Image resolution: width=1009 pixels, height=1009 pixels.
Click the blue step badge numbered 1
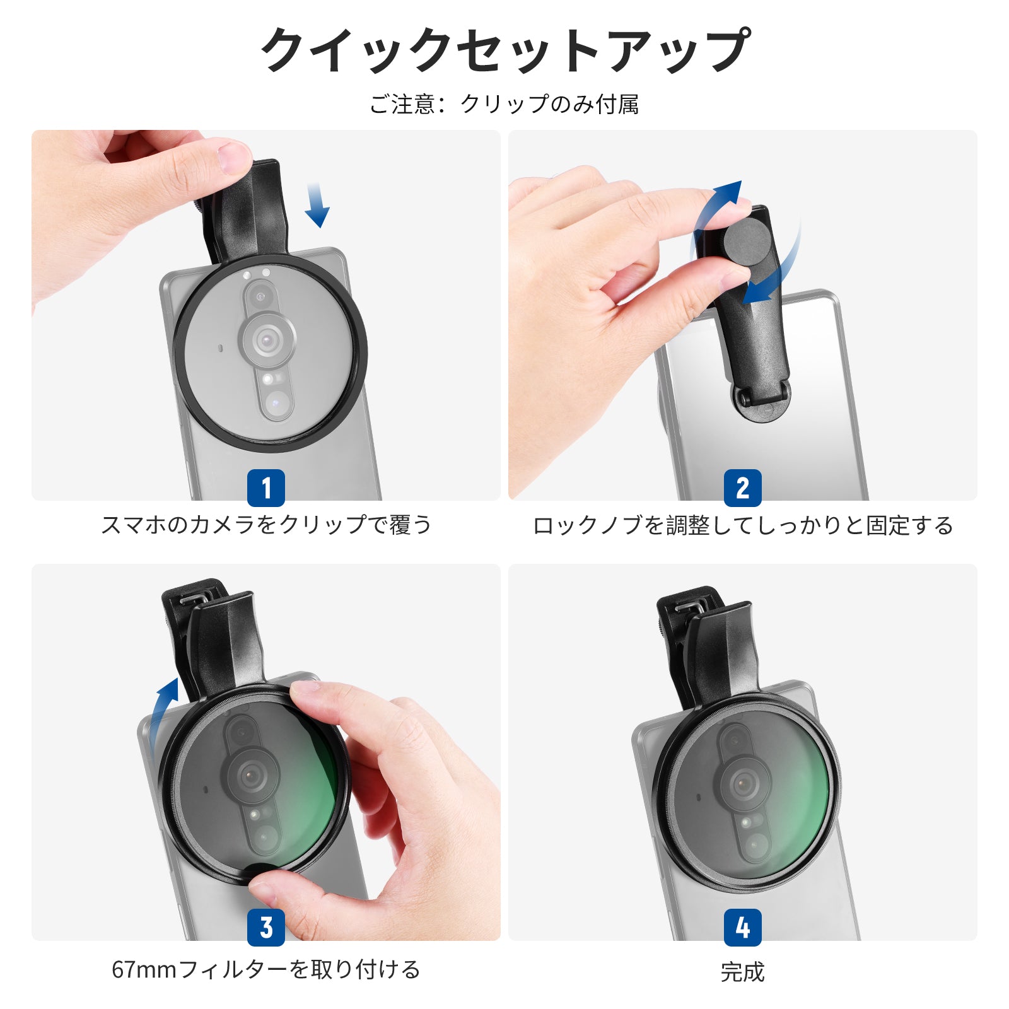pos(266,487)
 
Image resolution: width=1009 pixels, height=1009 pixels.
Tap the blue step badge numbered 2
pos(743,487)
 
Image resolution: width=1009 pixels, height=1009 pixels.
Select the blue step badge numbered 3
pos(266,927)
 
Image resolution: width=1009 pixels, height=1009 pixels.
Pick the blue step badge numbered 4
pos(743,927)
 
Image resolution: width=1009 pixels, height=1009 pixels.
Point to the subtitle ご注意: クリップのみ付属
pos(504,104)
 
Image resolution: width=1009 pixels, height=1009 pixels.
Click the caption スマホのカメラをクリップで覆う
pos(266,525)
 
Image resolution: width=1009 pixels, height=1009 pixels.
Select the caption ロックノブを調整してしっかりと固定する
pos(743,525)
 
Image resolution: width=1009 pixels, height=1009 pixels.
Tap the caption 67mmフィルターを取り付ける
pos(266,969)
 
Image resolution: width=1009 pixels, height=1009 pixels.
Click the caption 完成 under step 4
pos(743,972)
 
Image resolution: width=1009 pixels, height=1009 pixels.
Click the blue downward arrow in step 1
pos(317,205)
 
